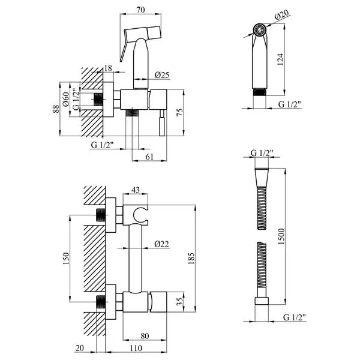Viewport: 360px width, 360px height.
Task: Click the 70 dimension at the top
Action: tap(141, 10)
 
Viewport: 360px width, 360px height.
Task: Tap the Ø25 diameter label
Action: tap(162, 75)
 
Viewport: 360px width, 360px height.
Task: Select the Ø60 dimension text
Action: tap(66, 99)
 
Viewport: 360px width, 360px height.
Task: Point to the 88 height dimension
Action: tap(56, 109)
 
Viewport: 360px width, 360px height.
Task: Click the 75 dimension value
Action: tap(180, 112)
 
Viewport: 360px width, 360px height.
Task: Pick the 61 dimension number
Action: tap(149, 157)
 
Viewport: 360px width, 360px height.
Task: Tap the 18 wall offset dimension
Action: tap(108, 68)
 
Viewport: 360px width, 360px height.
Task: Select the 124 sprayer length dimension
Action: tap(280, 59)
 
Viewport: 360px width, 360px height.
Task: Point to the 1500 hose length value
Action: tap(281, 236)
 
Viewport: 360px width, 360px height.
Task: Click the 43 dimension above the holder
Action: tap(136, 190)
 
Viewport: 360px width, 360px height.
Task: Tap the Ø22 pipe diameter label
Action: tap(161, 244)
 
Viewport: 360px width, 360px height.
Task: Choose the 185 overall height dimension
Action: tap(191, 258)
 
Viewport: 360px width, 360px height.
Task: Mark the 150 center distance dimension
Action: tap(66, 258)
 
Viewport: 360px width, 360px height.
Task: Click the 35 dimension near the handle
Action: tap(180, 302)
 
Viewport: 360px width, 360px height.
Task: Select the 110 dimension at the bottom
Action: tap(136, 348)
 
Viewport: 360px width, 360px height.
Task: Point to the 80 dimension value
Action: tap(145, 336)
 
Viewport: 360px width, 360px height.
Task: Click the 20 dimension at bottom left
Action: tap(80, 348)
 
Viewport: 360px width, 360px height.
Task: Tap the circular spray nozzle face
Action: tap(260, 29)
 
